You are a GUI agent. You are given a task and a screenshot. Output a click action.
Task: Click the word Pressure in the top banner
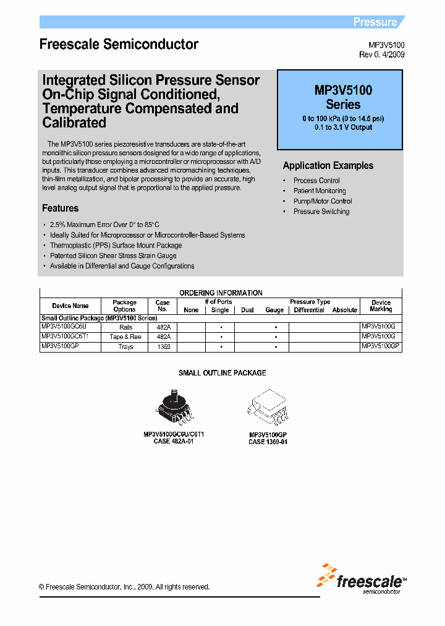click(x=375, y=22)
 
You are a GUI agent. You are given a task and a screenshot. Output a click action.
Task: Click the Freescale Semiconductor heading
click(x=119, y=45)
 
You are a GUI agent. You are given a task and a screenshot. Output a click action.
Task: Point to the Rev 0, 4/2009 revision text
click(x=382, y=54)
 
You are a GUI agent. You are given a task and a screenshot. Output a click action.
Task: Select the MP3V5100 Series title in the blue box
click(x=343, y=97)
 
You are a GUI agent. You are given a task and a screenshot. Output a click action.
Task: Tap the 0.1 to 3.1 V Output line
click(x=343, y=127)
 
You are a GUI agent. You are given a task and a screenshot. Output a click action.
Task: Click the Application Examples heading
click(x=328, y=166)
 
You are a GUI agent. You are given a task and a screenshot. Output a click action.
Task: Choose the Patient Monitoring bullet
click(x=320, y=191)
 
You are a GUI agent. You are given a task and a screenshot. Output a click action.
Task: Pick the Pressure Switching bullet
click(x=321, y=212)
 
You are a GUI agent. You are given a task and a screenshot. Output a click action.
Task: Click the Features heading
click(x=60, y=208)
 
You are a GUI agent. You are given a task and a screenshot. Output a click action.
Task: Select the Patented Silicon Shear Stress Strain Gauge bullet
click(x=113, y=255)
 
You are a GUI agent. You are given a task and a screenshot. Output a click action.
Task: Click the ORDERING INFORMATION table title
click(x=221, y=293)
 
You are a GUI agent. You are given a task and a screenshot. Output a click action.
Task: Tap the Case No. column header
click(x=163, y=306)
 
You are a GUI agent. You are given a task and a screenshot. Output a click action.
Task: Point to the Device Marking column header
click(x=381, y=306)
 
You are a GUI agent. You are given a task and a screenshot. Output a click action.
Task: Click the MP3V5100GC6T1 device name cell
click(x=65, y=337)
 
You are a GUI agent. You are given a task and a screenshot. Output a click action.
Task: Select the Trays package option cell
click(x=125, y=348)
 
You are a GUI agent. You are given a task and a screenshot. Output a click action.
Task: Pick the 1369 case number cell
click(x=163, y=348)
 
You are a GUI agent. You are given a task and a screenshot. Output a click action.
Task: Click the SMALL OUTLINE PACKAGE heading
click(x=222, y=373)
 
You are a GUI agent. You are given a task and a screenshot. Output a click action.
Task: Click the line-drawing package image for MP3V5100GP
click(x=268, y=408)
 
